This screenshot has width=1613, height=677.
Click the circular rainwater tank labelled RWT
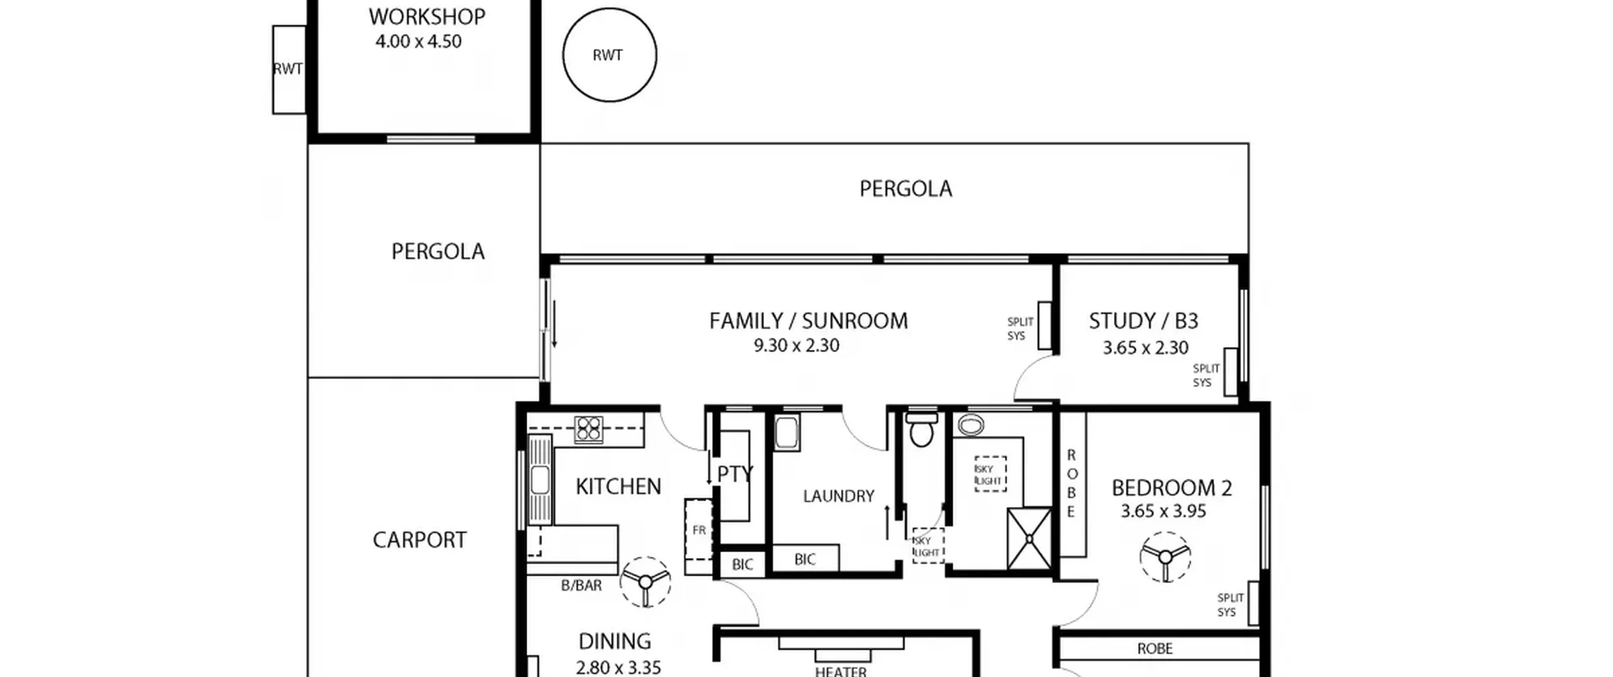(609, 55)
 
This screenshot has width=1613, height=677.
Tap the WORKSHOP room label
(427, 17)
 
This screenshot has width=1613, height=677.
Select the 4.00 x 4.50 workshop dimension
(419, 42)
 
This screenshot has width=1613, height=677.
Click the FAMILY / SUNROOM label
(808, 321)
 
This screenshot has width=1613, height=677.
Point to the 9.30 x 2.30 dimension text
(796, 346)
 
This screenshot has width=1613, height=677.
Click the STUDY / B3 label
(1144, 321)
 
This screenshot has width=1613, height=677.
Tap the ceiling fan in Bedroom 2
(1165, 557)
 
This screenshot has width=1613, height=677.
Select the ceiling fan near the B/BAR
(645, 582)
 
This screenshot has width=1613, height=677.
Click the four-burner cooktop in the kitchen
(588, 430)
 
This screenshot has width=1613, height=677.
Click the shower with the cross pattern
(1030, 538)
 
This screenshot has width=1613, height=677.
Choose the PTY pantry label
(735, 474)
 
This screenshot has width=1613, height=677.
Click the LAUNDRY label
(839, 496)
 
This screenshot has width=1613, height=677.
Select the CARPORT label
(420, 540)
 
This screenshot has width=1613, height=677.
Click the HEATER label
(841, 671)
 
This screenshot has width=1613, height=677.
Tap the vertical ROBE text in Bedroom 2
(1071, 483)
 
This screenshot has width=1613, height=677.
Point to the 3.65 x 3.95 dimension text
(1163, 511)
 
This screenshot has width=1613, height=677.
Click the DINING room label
(614, 641)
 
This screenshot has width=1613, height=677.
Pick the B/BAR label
(581, 586)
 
